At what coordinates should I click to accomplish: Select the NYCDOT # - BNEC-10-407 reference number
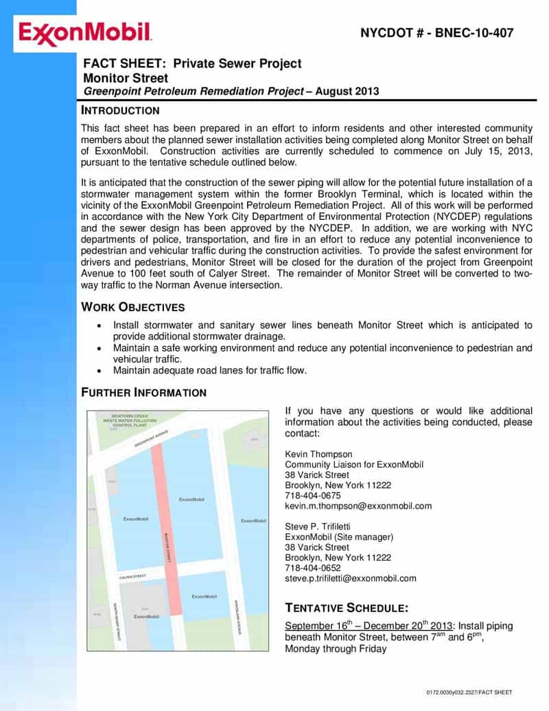tap(436, 33)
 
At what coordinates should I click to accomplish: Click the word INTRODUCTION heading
tap(120, 111)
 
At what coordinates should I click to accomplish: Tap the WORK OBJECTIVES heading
tap(132, 307)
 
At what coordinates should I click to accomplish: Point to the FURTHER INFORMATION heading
tap(143, 393)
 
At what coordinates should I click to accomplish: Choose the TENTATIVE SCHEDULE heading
tap(347, 608)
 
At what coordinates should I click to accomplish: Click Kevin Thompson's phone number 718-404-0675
tap(312, 495)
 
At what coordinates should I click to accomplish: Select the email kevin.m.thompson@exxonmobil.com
tap(358, 506)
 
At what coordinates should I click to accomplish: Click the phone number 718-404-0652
tap(312, 568)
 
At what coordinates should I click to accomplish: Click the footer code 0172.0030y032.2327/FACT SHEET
tap(469, 692)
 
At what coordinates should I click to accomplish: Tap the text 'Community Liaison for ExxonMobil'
tap(353, 464)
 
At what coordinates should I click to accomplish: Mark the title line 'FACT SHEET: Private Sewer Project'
tap(192, 63)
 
